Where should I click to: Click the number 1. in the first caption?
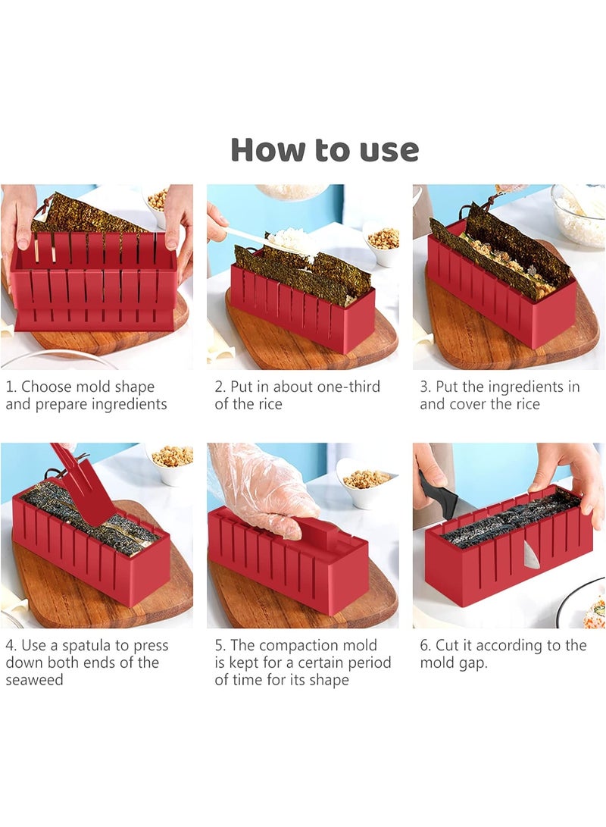(x=11, y=387)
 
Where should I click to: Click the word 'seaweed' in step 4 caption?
(x=34, y=680)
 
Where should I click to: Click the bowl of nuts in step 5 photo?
(x=364, y=483)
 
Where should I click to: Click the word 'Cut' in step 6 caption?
(x=446, y=646)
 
